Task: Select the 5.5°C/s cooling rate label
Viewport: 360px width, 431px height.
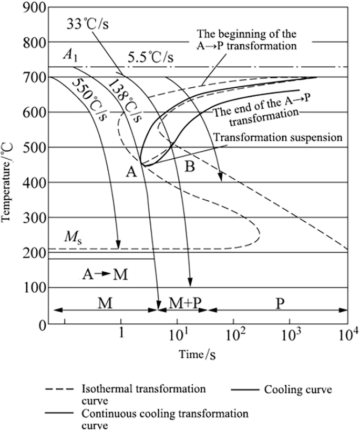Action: pos(150,56)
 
